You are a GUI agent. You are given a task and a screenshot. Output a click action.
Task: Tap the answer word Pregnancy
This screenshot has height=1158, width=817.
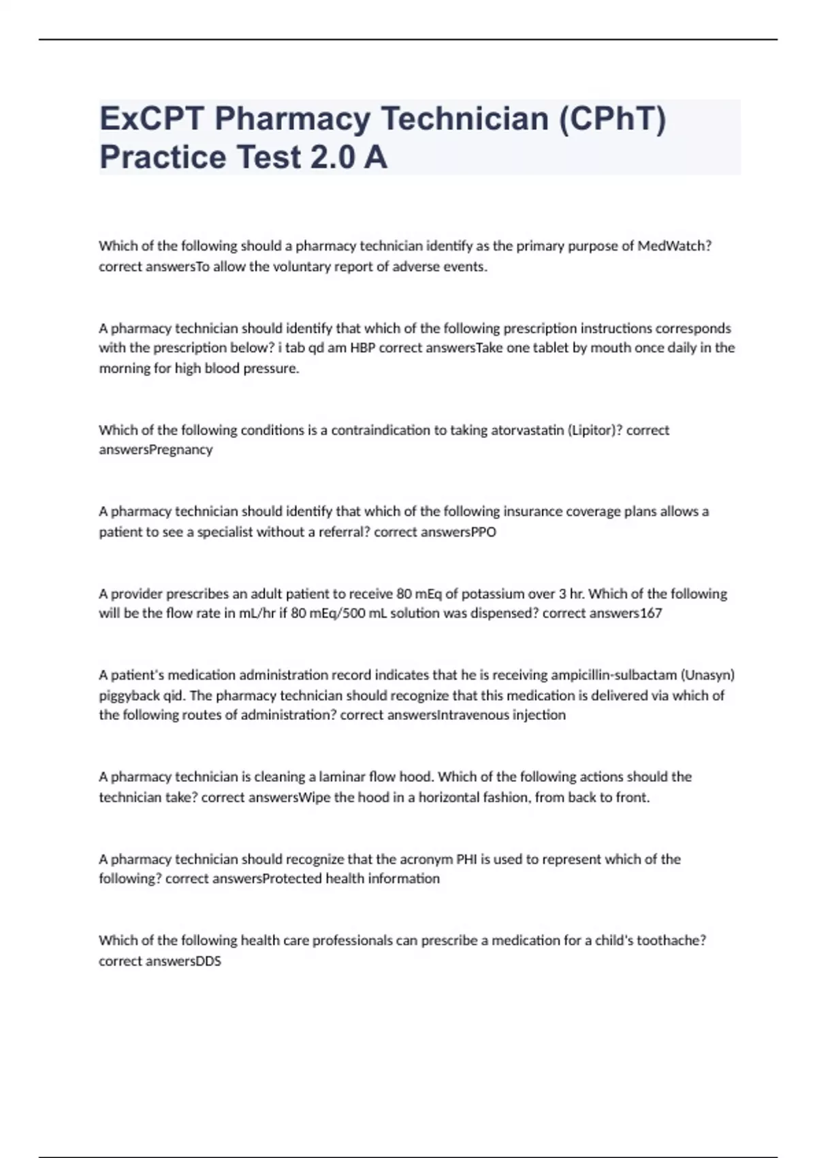(x=181, y=450)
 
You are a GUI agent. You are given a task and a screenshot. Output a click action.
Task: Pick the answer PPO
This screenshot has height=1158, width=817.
(x=484, y=532)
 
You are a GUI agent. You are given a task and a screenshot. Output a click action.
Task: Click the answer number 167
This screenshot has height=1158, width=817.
(x=651, y=613)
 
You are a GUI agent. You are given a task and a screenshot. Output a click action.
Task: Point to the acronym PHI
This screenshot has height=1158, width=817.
(x=466, y=859)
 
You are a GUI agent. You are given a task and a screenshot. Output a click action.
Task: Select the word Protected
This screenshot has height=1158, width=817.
(x=291, y=879)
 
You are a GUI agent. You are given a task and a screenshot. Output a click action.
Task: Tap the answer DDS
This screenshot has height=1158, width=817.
(x=208, y=961)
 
